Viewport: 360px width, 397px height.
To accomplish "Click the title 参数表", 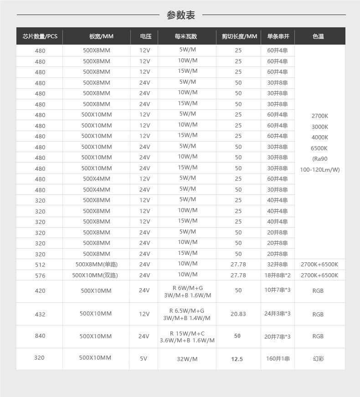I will click(x=180, y=15).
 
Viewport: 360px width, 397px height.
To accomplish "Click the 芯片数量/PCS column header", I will click(x=40, y=36).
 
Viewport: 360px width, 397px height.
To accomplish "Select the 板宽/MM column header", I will click(x=101, y=36).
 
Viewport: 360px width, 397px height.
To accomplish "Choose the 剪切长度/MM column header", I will click(x=239, y=36).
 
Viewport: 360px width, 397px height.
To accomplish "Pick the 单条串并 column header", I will click(x=278, y=36).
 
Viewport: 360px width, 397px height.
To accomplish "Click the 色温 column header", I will click(x=319, y=36).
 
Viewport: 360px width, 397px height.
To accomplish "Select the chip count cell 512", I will click(x=40, y=265).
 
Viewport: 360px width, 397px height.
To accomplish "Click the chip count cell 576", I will click(x=40, y=275).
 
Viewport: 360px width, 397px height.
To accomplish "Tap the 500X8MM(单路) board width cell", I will click(x=97, y=265).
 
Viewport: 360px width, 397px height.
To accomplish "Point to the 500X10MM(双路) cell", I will click(x=95, y=275).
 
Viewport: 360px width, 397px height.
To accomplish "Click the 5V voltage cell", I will click(x=144, y=359).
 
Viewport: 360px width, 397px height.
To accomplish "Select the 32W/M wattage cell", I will click(x=187, y=359).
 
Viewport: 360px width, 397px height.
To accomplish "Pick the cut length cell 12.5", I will click(x=237, y=359).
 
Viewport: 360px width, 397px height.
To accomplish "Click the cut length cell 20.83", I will click(x=238, y=314).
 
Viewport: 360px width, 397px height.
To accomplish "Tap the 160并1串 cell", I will click(x=278, y=359).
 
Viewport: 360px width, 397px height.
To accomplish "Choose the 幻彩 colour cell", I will click(x=318, y=359).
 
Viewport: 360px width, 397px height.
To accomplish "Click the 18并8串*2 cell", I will click(x=278, y=275).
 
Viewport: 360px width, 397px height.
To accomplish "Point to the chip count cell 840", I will click(x=40, y=336).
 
